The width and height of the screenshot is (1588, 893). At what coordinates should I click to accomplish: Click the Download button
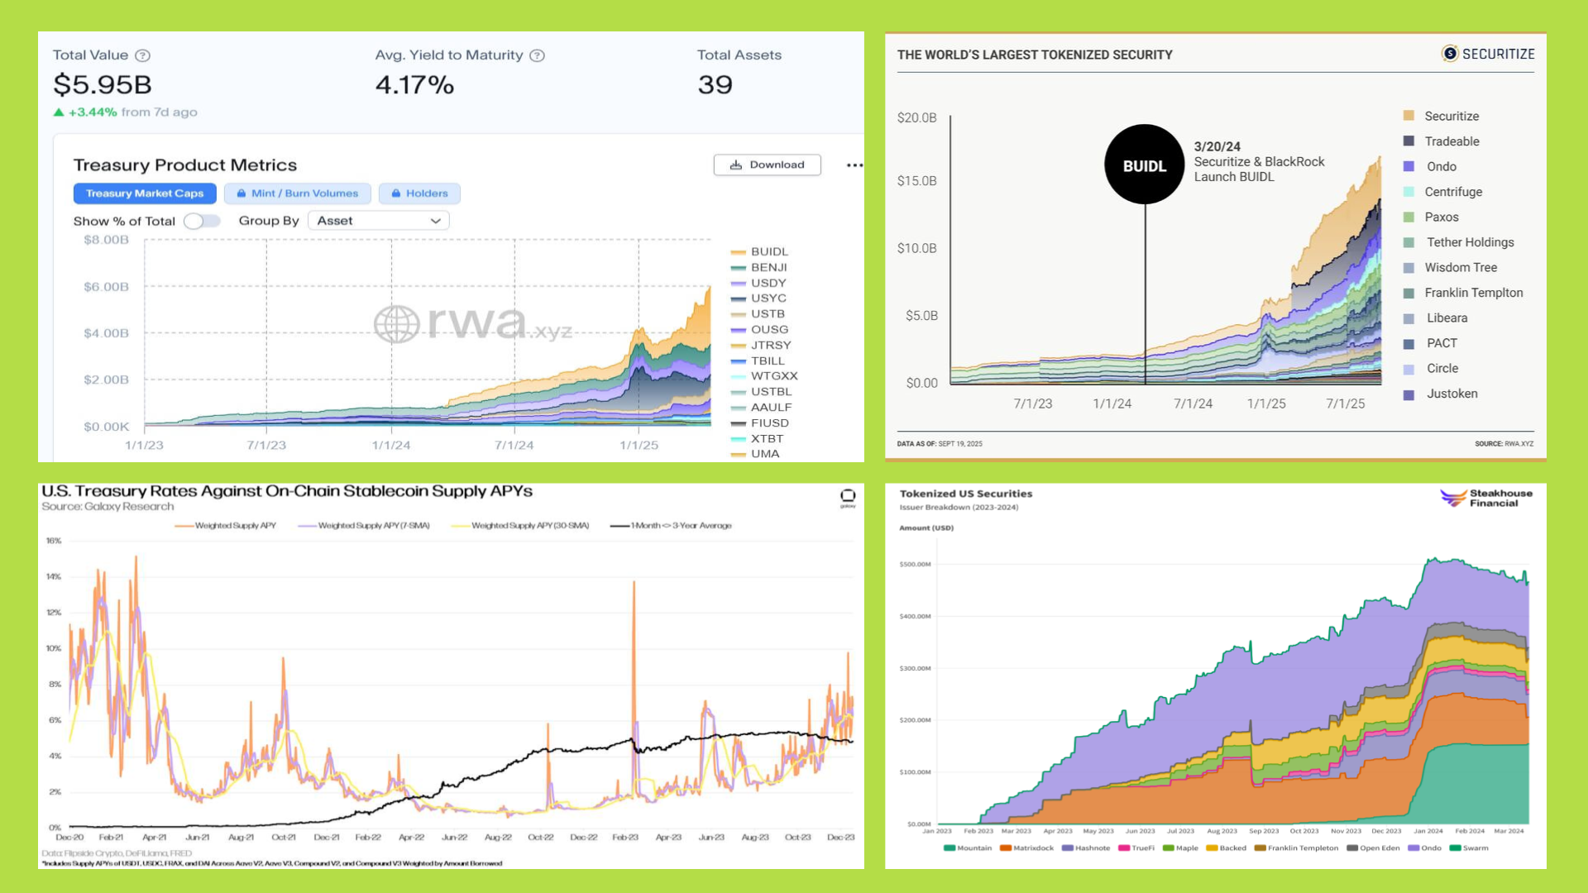767,165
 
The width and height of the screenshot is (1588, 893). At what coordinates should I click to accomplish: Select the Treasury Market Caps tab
145,193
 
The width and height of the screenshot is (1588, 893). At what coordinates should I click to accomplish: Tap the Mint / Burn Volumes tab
298,193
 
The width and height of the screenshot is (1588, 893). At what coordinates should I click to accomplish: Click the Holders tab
419,193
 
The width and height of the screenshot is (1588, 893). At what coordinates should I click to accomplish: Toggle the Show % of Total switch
202,221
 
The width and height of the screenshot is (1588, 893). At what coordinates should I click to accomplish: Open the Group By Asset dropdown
379,221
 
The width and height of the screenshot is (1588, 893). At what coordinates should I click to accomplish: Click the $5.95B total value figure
103,84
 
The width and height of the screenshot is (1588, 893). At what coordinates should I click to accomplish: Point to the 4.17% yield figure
414,84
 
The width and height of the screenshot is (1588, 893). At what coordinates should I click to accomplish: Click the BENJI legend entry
768,267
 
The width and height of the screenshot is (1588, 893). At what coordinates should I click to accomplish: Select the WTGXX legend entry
773,376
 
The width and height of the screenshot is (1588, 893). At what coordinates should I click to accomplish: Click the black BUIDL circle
1145,165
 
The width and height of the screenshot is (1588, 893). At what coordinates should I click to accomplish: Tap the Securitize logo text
1497,54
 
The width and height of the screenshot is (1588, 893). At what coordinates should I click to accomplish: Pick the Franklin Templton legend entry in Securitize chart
1473,293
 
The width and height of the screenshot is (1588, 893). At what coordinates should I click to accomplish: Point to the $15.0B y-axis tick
917,181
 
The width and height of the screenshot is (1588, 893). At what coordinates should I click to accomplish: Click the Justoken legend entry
1452,394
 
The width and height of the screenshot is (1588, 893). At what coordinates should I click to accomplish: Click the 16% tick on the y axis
54,541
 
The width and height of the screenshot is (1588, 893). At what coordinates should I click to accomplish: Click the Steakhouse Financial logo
1486,498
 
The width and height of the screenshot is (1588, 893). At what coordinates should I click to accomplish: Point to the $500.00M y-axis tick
915,565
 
